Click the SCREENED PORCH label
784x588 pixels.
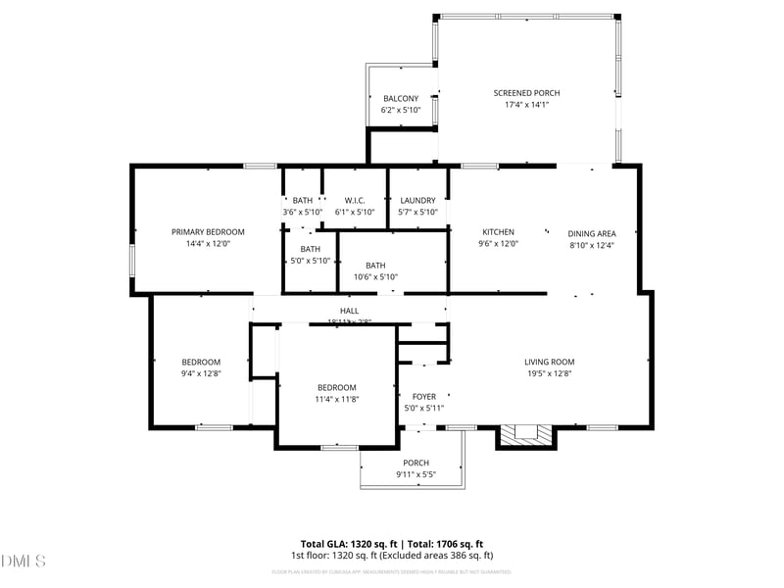(526, 93)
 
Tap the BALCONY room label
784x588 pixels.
(401, 98)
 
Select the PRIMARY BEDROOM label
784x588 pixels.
(208, 232)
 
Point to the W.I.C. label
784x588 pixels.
(355, 201)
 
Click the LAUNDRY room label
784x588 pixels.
(417, 201)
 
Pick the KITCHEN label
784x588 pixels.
(498, 232)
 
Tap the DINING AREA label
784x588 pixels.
(592, 233)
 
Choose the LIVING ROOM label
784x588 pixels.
(549, 362)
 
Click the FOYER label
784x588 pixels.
(423, 397)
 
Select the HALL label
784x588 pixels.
(348, 310)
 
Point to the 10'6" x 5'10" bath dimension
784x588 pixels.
(375, 277)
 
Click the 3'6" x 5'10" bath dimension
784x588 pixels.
(302, 213)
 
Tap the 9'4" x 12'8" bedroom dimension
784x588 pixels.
(201, 373)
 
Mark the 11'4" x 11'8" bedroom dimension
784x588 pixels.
(336, 399)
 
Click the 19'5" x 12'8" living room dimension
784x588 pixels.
(549, 373)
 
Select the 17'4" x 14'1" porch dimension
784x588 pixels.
(526, 105)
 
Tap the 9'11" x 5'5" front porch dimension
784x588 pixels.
(416, 474)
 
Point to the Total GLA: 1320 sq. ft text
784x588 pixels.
(349, 544)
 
